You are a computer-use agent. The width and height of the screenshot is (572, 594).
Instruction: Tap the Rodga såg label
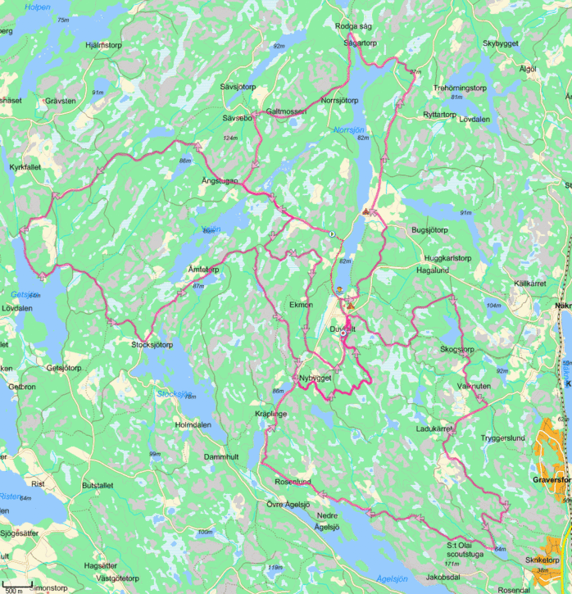[353, 26]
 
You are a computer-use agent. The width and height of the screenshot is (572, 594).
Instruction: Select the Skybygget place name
[501, 43]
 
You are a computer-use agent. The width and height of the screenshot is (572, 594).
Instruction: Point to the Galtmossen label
[287, 111]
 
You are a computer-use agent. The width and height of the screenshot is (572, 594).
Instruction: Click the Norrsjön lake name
[349, 129]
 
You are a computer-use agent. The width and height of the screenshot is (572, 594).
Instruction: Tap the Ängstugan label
[220, 181]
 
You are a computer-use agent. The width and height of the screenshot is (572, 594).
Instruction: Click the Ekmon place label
[302, 305]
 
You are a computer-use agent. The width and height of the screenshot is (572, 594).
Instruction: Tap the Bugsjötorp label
[432, 231]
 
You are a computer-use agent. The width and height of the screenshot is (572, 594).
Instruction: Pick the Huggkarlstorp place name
[443, 258]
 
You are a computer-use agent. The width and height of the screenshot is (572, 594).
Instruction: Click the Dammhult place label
[220, 455]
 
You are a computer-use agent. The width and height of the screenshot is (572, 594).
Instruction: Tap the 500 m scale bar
[15, 587]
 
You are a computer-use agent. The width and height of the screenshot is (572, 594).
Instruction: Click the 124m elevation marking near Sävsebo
[230, 138]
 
